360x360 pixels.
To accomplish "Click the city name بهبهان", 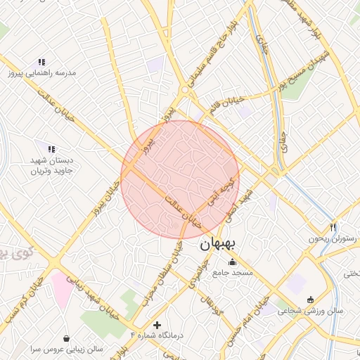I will pos(221,244).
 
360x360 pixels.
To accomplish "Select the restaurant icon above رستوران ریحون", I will pos(333,227).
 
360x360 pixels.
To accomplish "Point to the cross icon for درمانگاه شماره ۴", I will pos(157,326).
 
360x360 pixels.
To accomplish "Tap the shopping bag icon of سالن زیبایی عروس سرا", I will pos(67,338).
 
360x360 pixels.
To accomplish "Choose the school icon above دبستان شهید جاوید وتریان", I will pos(51,148).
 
